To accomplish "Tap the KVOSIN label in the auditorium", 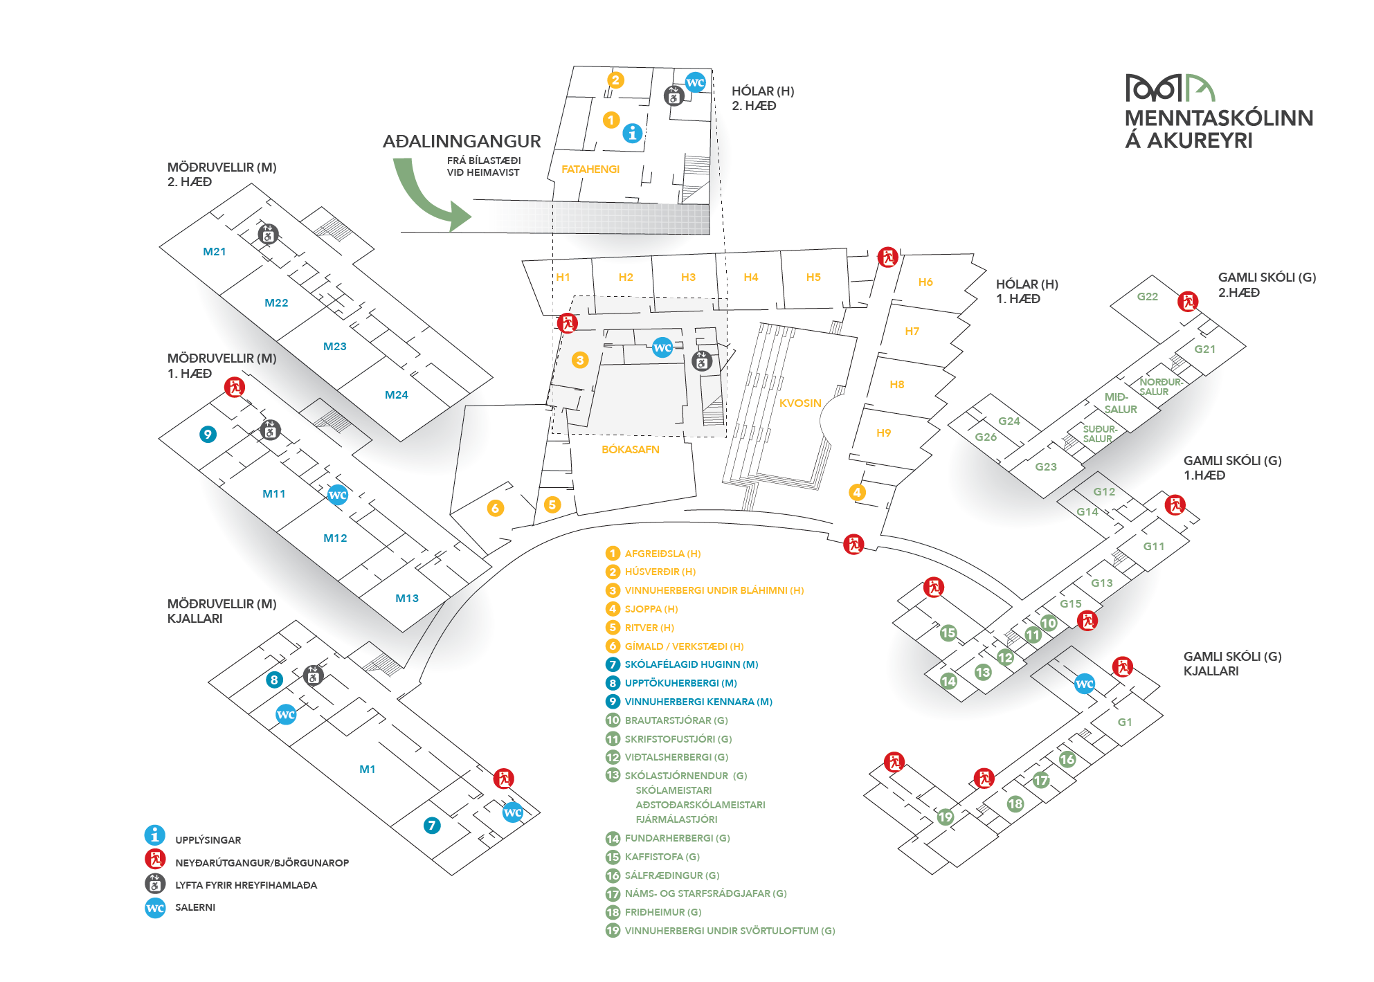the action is pyautogui.click(x=800, y=403).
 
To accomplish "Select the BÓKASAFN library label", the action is pyautogui.click(x=630, y=449).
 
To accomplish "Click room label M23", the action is pyautogui.click(x=335, y=346).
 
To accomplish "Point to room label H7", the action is pyautogui.click(x=912, y=331).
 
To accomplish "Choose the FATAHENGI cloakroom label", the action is pyautogui.click(x=590, y=169).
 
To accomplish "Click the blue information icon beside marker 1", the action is pyautogui.click(x=632, y=133).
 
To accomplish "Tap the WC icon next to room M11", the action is pyautogui.click(x=337, y=495).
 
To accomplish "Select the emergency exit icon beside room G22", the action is pyautogui.click(x=1188, y=302).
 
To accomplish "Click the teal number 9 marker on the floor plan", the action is pyautogui.click(x=208, y=434).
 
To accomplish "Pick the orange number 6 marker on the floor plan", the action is pyautogui.click(x=495, y=508).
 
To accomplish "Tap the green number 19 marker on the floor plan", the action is pyautogui.click(x=945, y=817).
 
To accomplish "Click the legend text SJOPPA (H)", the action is pyautogui.click(x=651, y=609).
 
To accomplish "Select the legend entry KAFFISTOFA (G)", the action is pyautogui.click(x=662, y=857).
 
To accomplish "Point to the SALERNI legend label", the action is pyautogui.click(x=195, y=907).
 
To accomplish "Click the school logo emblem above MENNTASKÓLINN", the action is pyautogui.click(x=1170, y=88).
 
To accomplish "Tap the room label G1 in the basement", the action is pyautogui.click(x=1125, y=722).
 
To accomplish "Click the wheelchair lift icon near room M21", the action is pyautogui.click(x=269, y=235).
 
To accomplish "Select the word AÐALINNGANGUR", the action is pyautogui.click(x=462, y=141).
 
